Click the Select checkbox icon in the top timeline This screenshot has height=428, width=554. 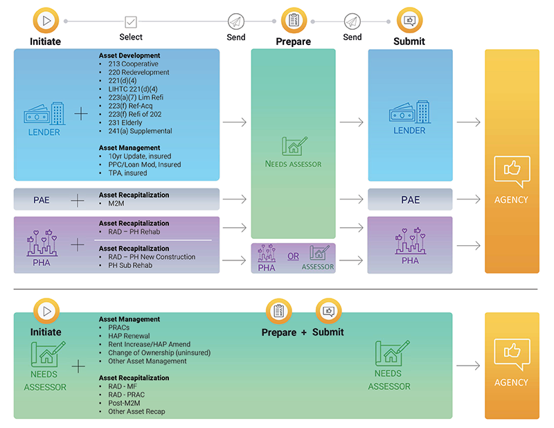(x=131, y=21)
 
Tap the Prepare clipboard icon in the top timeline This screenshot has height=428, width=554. (x=294, y=21)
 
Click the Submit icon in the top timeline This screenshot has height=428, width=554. (x=409, y=21)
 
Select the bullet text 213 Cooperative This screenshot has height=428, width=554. (x=133, y=64)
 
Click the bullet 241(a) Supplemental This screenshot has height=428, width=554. (x=140, y=131)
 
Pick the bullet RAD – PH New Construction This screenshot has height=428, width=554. (x=151, y=257)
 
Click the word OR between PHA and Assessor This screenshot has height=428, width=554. (x=294, y=256)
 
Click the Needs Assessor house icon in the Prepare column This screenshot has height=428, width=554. (x=293, y=146)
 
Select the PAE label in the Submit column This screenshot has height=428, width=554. (x=410, y=200)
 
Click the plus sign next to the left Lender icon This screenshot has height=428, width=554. (x=82, y=114)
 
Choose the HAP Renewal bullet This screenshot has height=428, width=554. (x=128, y=336)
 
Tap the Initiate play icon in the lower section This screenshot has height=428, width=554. (x=46, y=312)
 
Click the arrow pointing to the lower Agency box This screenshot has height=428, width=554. (x=469, y=366)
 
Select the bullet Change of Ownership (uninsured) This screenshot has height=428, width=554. (x=159, y=353)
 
